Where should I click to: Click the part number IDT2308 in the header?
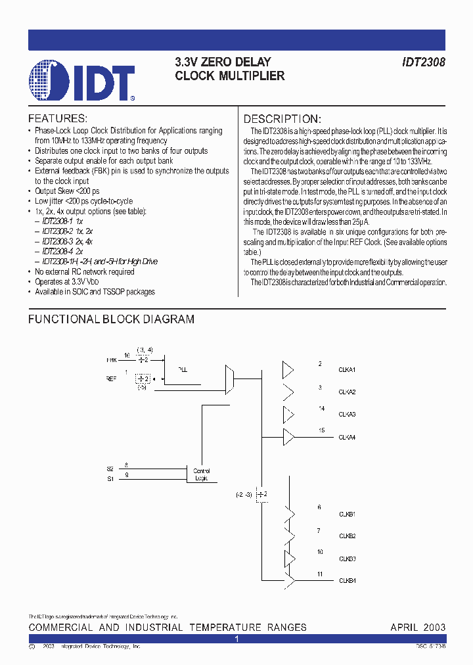(x=424, y=62)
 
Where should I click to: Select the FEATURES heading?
(x=58, y=119)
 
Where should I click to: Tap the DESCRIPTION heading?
(x=282, y=119)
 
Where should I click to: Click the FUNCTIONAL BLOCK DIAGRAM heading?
(x=111, y=319)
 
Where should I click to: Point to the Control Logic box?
(x=201, y=474)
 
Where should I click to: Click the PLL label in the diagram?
(x=183, y=370)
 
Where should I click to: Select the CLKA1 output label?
(x=348, y=370)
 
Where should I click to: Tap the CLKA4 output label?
(x=348, y=437)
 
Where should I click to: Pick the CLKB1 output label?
(x=348, y=513)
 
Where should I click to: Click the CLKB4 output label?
(x=348, y=580)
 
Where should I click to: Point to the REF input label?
(x=111, y=379)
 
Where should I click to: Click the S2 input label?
(x=110, y=469)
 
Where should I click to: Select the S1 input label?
(x=110, y=479)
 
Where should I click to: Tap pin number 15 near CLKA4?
(x=321, y=430)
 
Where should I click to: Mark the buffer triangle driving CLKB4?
(x=290, y=580)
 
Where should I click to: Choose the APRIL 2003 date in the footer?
(x=418, y=628)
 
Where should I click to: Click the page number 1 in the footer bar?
(x=236, y=639)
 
